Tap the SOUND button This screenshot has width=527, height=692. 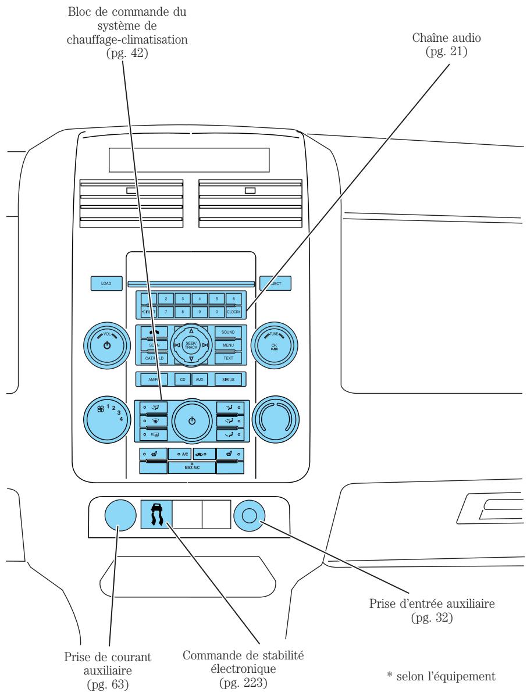click(x=228, y=331)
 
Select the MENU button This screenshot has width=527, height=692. click(x=228, y=345)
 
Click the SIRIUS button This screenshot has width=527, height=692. click(x=228, y=379)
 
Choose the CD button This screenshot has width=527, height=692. click(x=183, y=379)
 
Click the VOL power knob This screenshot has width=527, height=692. click(x=106, y=345)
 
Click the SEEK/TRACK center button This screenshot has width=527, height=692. click(x=191, y=345)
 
